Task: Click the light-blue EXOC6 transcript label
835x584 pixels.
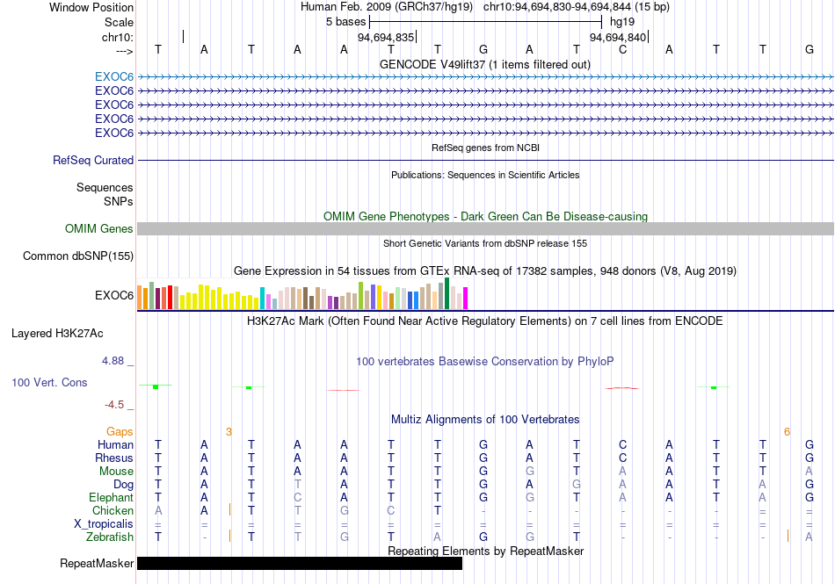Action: (114, 77)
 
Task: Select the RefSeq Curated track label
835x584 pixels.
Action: (93, 160)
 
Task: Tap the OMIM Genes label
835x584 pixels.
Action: (99, 228)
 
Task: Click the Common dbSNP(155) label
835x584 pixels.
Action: (78, 256)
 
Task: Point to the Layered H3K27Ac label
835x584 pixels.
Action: (57, 334)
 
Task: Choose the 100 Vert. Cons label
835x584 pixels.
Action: (49, 382)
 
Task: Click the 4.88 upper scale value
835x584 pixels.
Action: (113, 361)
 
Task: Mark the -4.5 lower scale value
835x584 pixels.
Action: (114, 405)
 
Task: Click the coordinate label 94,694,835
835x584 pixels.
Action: (386, 37)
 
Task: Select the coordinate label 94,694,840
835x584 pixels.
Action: (618, 37)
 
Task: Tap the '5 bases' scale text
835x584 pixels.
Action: (346, 22)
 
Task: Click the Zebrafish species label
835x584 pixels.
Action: (110, 537)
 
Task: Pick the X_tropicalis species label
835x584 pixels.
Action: (104, 524)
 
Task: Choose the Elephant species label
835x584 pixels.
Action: (112, 497)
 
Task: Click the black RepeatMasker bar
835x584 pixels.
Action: (300, 563)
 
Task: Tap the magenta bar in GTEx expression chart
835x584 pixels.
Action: (466, 298)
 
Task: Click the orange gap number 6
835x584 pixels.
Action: (787, 432)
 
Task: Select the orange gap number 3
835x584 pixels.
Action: (229, 432)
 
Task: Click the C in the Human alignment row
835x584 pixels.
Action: (622, 444)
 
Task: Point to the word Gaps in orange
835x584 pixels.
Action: (120, 432)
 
